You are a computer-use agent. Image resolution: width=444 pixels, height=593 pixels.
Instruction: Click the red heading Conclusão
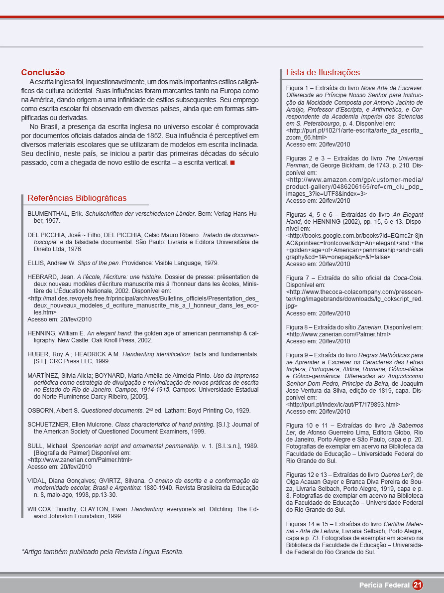(x=43, y=73)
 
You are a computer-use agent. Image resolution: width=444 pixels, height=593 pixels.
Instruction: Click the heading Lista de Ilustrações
(x=323, y=73)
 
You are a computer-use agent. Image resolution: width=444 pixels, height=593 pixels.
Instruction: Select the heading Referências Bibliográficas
(x=77, y=198)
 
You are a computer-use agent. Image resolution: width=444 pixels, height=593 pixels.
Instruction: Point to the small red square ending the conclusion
(x=232, y=163)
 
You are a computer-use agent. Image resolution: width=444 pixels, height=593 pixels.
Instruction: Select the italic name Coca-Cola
(x=408, y=278)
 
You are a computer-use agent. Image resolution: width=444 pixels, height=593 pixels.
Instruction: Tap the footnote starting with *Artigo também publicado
(x=102, y=552)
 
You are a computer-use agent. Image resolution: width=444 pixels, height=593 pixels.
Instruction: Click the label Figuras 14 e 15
(x=309, y=524)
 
